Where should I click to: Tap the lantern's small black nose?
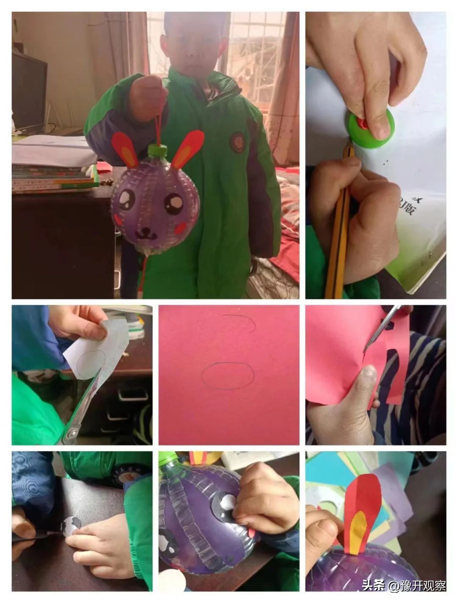[x=145, y=230]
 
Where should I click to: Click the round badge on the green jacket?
[x=237, y=141]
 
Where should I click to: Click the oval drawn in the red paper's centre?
[x=227, y=375]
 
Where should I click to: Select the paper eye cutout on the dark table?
[x=71, y=525]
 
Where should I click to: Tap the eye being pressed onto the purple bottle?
[x=224, y=506]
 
